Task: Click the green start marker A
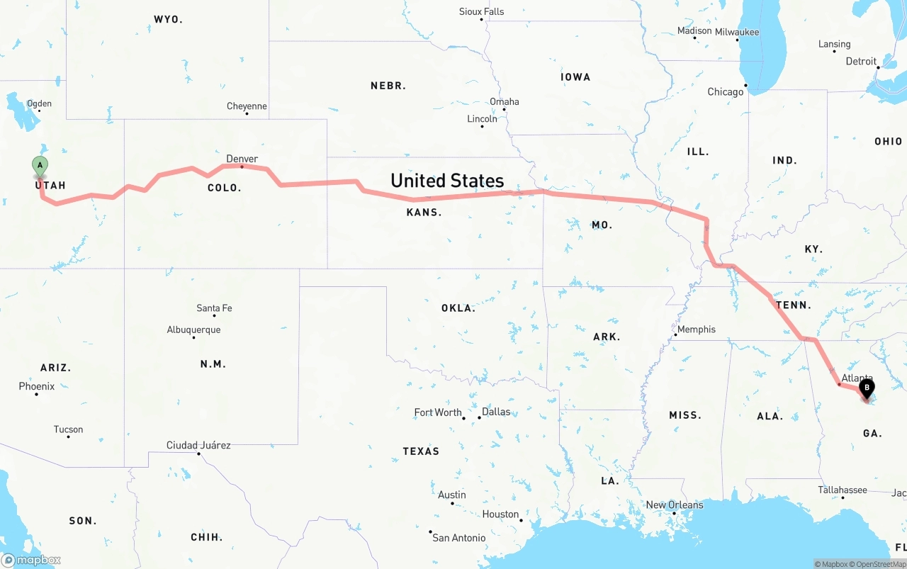(x=40, y=166)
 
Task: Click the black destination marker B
(x=866, y=388)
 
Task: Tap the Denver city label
(x=242, y=159)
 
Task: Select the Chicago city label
(x=726, y=92)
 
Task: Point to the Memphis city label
(x=697, y=329)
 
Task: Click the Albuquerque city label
(x=193, y=329)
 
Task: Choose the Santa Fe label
(x=214, y=308)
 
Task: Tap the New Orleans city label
(x=675, y=505)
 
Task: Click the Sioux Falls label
(x=482, y=11)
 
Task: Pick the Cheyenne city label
(x=247, y=106)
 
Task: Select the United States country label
(x=447, y=181)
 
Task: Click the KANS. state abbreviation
(x=424, y=213)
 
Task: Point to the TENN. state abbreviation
(x=793, y=305)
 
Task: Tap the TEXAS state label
(x=421, y=451)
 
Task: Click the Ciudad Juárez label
(x=198, y=445)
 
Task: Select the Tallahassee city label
(x=843, y=490)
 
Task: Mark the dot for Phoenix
(x=36, y=393)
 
